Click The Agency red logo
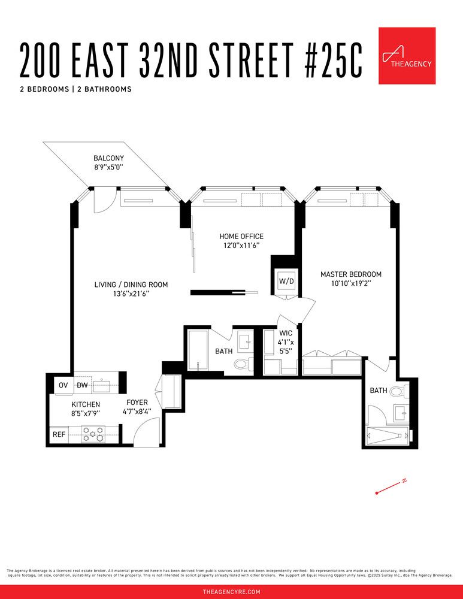[407, 56]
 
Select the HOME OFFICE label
[241, 236]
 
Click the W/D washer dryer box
[283, 280]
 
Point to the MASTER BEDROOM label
[350, 274]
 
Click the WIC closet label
[286, 332]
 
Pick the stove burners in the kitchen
[93, 434]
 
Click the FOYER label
[137, 403]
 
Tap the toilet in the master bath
[397, 392]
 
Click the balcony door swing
[101, 202]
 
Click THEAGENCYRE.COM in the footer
[231, 592]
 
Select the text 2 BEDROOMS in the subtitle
[44, 89]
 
